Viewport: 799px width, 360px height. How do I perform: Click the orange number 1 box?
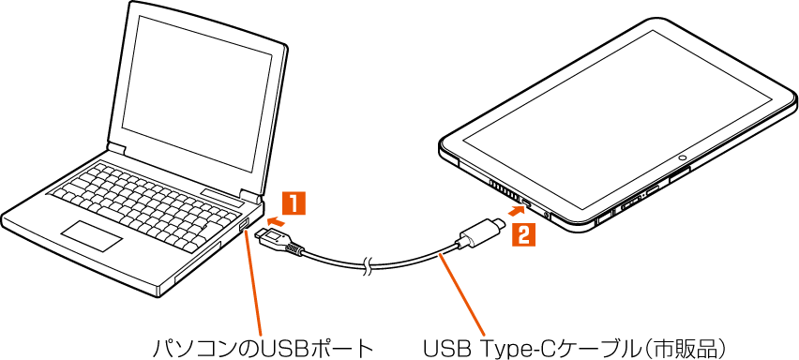pos(294,203)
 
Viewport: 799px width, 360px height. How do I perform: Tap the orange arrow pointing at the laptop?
pos(275,221)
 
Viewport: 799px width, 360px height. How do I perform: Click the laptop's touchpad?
pos(92,235)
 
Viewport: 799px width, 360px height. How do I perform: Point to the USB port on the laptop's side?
pos(244,225)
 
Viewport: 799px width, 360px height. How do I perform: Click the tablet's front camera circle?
pos(683,157)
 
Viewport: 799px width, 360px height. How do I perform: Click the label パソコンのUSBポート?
pos(263,349)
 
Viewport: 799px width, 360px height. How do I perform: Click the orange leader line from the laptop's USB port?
pos(254,284)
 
